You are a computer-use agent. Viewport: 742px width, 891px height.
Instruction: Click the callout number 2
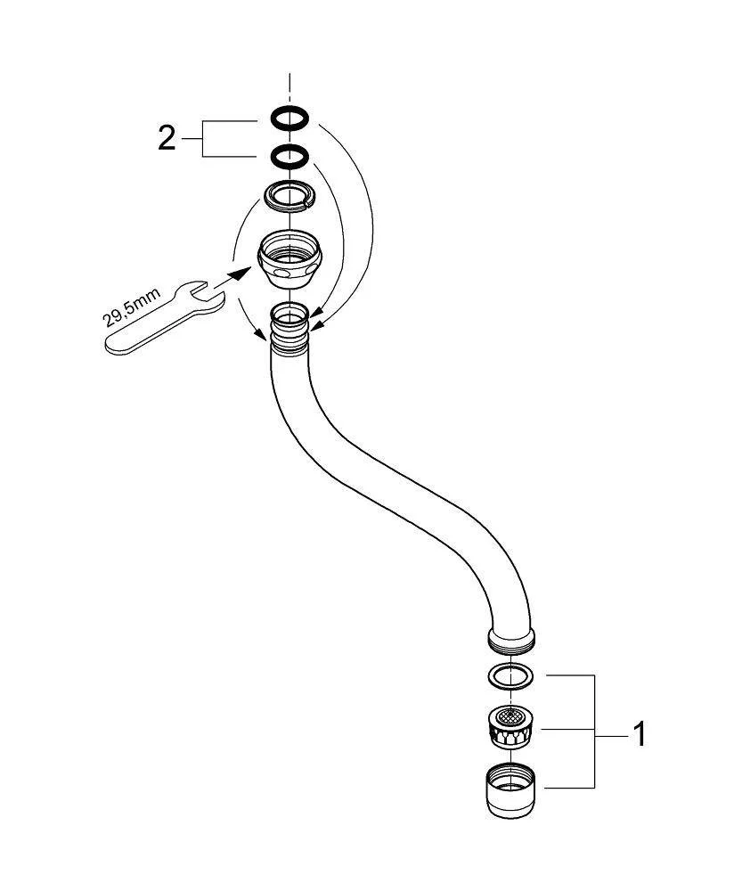tap(167, 138)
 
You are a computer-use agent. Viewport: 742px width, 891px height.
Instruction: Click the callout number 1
tap(638, 735)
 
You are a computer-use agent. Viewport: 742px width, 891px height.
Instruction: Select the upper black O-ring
tap(290, 118)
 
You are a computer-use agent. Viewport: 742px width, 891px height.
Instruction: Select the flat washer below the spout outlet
tap(510, 675)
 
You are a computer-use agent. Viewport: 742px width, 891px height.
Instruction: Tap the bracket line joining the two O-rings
tap(204, 138)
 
